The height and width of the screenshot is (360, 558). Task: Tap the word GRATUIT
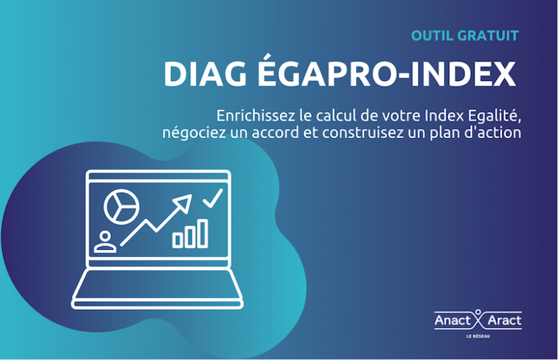coord(487,34)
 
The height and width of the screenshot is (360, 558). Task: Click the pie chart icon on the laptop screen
coord(120,206)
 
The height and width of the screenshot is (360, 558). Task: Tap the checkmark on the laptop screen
coord(212,198)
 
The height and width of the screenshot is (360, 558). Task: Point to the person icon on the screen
coord(105,242)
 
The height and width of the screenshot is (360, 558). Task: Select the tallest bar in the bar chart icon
coord(203,233)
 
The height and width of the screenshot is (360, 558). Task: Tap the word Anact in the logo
coord(453,321)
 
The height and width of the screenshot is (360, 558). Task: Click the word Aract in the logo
coord(504,321)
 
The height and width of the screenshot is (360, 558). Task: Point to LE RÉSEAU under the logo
coord(478,336)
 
